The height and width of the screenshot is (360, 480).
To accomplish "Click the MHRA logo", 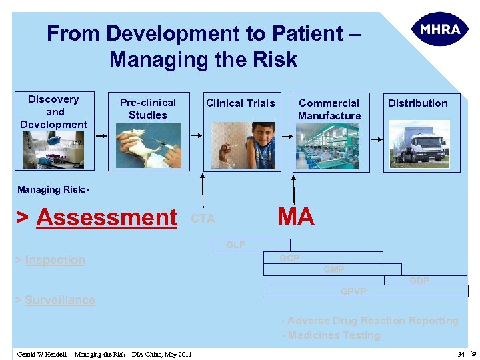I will click(440, 29).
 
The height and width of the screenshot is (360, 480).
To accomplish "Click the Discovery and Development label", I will click(54, 112).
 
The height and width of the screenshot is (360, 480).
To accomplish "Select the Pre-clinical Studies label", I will click(147, 109).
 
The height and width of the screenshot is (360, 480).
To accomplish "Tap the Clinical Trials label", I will click(240, 103).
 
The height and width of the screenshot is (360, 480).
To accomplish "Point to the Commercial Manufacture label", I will click(329, 109).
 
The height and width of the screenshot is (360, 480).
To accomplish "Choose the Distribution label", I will click(418, 103).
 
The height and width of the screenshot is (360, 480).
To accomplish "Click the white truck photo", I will click(419, 145).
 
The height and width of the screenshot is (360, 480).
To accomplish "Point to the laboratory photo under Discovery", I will click(53, 150).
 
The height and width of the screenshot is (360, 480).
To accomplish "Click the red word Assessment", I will click(107, 217).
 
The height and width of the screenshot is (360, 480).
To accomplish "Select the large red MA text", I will click(295, 217).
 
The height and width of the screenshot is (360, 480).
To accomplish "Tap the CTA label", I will click(203, 219).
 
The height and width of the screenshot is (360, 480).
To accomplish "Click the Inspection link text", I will click(55, 260).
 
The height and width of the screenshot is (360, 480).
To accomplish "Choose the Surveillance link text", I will click(59, 300).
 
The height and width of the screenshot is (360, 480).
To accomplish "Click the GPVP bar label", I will click(353, 291).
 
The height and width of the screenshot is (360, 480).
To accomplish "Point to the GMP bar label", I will click(334, 269).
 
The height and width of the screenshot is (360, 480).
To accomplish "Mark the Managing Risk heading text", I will click(53, 190).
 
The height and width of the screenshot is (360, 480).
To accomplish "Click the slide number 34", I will click(461, 354).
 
